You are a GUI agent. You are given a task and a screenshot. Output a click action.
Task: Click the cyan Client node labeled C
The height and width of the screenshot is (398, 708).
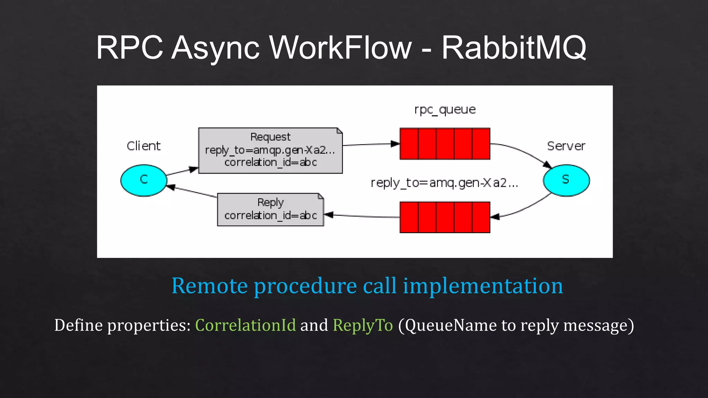pos(143,180)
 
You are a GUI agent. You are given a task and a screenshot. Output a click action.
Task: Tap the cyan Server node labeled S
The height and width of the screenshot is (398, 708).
pos(566,180)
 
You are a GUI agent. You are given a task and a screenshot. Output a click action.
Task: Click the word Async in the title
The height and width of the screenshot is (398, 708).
pos(215,47)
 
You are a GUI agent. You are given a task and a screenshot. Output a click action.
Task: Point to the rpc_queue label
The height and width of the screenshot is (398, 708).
pos(445,110)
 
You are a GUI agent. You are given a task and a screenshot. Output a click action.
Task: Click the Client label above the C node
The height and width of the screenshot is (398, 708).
pos(143,146)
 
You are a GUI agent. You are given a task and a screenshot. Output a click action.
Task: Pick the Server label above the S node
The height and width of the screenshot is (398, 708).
pos(566,146)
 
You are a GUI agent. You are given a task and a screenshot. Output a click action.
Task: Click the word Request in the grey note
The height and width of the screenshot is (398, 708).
pos(270,137)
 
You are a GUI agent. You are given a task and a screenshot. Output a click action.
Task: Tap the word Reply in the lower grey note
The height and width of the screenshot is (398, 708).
pos(270,202)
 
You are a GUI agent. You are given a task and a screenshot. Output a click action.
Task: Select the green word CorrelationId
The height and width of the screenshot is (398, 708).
pos(245,325)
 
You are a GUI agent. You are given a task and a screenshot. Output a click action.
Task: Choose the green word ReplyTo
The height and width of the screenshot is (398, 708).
pos(363,325)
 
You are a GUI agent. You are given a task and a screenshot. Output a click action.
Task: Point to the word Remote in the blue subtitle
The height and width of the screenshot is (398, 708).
pos(209,286)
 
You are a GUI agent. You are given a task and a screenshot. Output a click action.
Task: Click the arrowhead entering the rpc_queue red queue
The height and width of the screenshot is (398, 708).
pos(395,144)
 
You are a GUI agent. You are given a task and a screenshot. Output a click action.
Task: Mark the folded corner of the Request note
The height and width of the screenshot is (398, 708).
pos(339,131)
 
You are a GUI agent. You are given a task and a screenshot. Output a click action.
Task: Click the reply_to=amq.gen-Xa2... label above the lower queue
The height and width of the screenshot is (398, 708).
pos(444,183)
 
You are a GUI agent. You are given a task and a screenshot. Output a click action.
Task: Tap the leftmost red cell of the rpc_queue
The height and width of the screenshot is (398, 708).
pos(409,144)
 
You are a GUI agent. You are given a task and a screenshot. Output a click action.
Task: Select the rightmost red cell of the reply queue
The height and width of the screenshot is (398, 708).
pos(481,217)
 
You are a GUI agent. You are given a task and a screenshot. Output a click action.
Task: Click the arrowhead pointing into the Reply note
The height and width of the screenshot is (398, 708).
pos(328,215)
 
